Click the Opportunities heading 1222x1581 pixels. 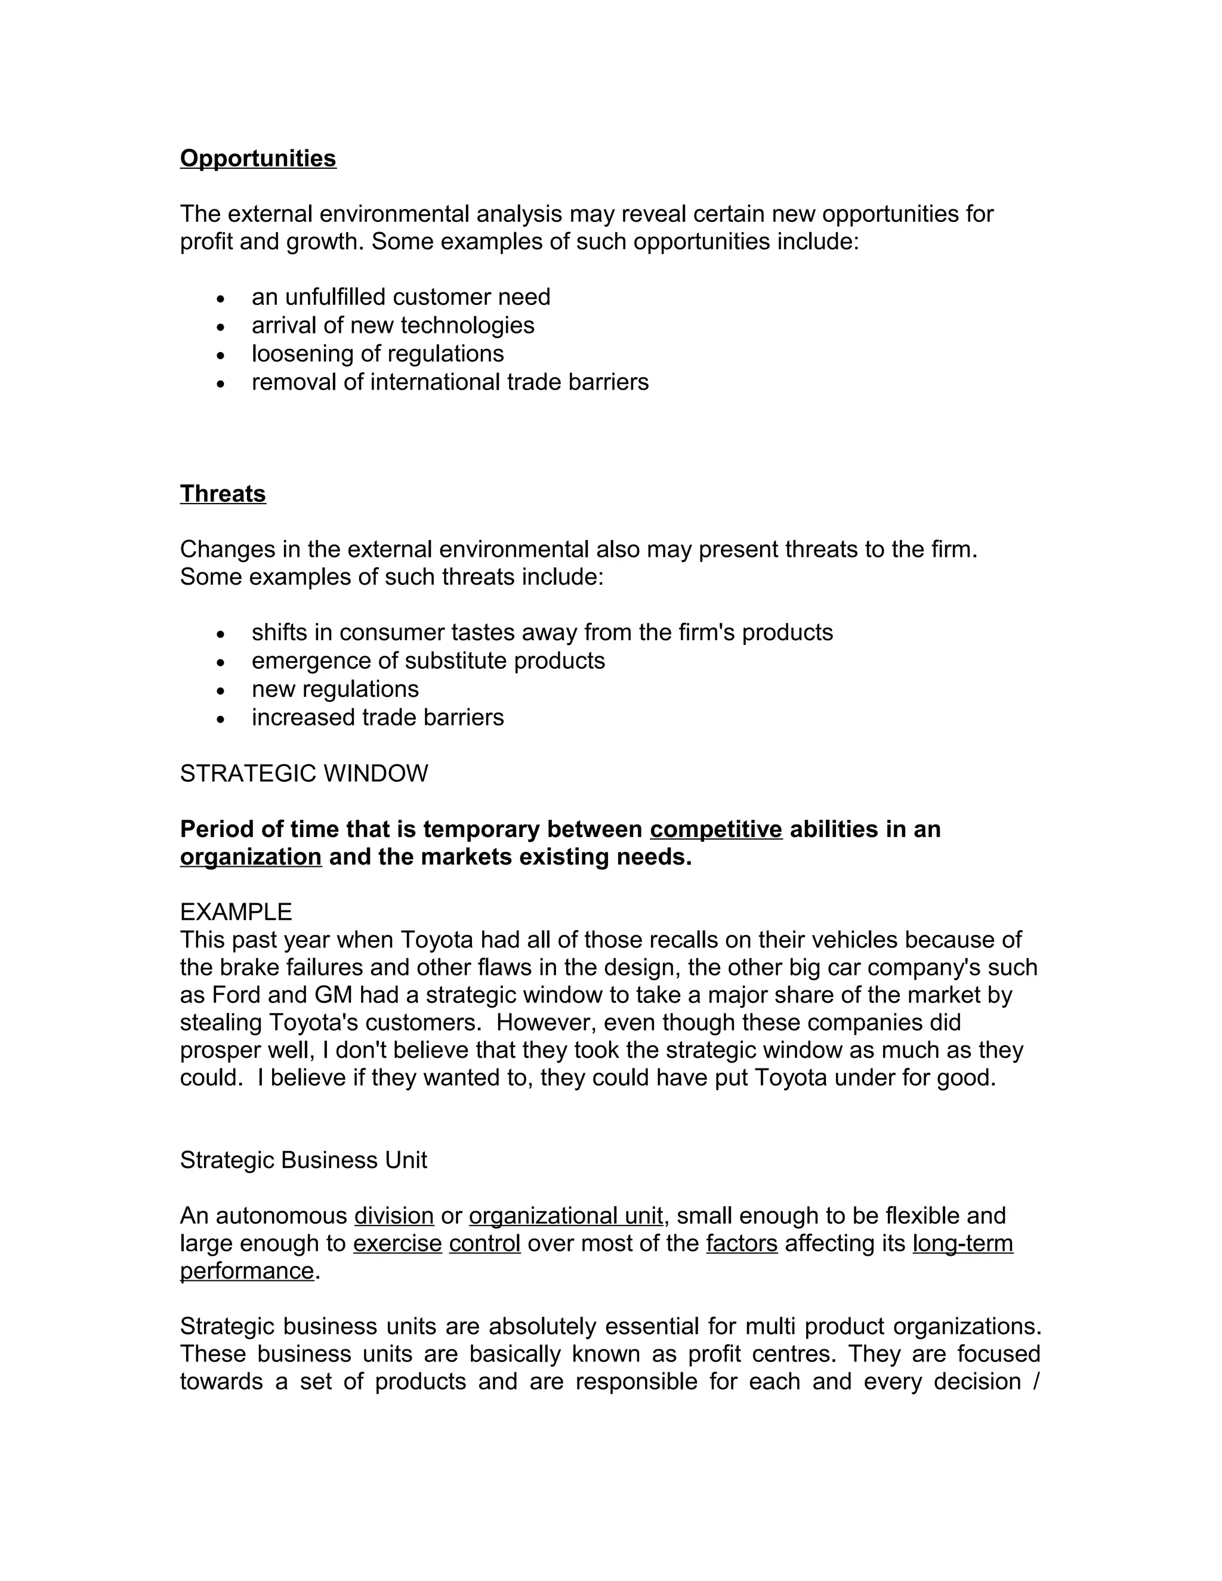(258, 159)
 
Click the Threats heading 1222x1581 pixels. (223, 494)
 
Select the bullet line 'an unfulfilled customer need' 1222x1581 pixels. (400, 297)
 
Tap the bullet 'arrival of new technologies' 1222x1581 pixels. (393, 325)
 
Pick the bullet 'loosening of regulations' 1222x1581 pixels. (377, 353)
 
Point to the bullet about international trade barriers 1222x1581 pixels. (449, 381)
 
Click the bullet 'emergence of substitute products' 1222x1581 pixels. (428, 660)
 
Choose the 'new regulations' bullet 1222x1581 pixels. (335, 688)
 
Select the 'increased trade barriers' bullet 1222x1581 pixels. (377, 717)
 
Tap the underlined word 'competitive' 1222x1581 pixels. (716, 829)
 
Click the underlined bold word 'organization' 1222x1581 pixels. (251, 857)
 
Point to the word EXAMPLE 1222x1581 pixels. (236, 912)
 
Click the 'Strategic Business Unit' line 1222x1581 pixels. (303, 1160)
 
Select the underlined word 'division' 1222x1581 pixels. (394, 1215)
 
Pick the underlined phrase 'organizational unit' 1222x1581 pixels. (566, 1215)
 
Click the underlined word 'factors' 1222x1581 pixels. (741, 1243)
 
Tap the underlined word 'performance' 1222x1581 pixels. (247, 1270)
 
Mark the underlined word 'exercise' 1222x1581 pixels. (397, 1243)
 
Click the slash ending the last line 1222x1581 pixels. (1036, 1381)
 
